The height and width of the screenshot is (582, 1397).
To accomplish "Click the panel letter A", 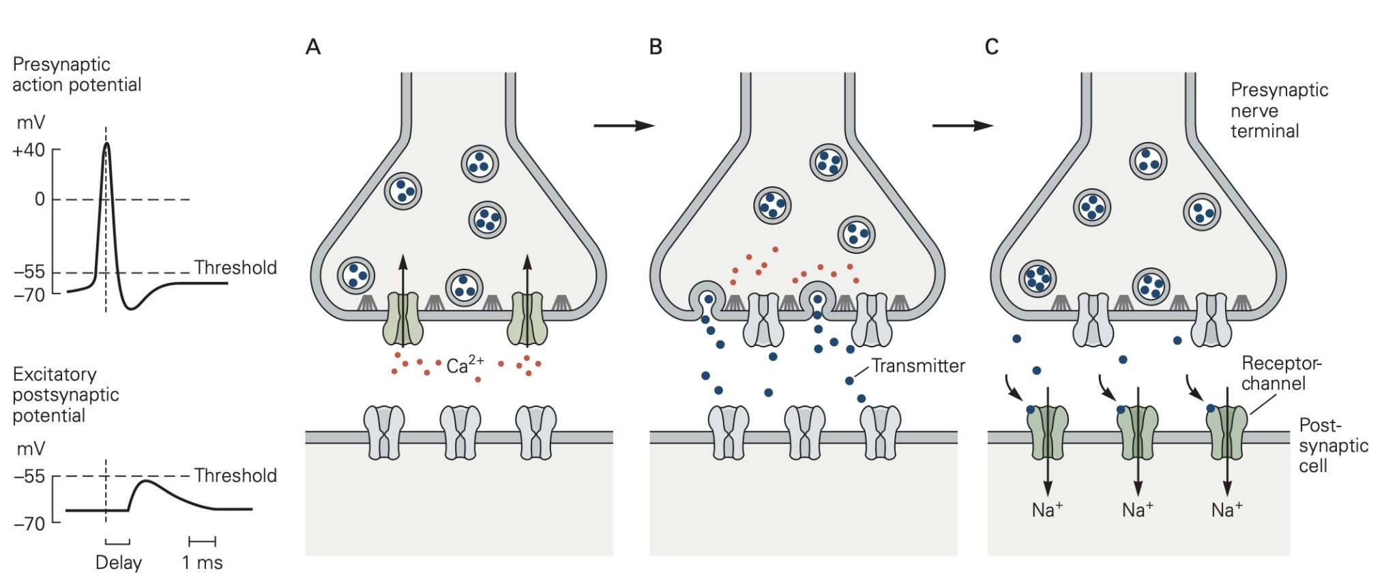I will point(313,46).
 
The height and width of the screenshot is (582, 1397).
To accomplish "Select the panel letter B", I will point(656,46).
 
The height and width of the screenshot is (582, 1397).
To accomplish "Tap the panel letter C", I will point(992,46).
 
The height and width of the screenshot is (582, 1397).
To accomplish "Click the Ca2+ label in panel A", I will point(465,365).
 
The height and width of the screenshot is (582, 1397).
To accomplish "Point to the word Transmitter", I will point(918,366).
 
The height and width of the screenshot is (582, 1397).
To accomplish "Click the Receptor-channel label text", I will point(1280,373).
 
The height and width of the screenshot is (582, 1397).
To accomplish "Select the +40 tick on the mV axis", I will point(29,150).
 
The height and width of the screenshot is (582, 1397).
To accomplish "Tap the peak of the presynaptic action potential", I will point(106,143).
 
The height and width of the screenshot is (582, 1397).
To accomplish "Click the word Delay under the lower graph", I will point(119,563).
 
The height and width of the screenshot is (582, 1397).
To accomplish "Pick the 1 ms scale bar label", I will point(202,563).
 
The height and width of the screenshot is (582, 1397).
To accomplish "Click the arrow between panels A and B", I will point(623,126).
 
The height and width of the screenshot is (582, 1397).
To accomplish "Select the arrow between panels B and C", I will point(962,126).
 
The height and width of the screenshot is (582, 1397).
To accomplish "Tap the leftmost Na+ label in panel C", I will point(1047,510).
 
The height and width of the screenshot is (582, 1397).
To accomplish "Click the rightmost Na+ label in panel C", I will point(1226,510).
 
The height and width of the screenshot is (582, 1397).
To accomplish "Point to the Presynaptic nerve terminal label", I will point(1279,111).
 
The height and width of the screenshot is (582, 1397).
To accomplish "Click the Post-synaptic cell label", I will point(1332,446).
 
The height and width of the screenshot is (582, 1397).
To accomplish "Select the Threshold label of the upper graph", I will point(235,267).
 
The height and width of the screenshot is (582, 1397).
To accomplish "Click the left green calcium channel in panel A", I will point(402,319).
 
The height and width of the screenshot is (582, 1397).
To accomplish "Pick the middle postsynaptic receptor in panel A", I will point(460,433).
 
